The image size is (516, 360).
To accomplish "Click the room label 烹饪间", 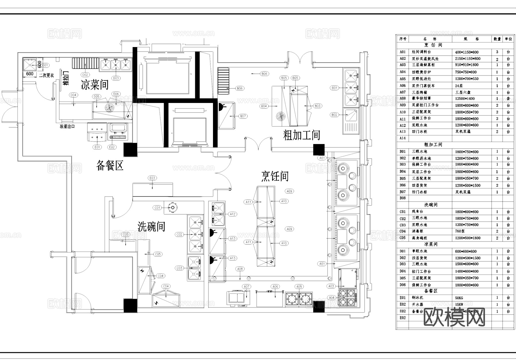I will pyautogui.click(x=275, y=176).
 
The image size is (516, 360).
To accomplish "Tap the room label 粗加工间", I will pyautogui.click(x=301, y=135).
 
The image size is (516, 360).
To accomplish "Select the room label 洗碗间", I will pyautogui.click(x=151, y=227).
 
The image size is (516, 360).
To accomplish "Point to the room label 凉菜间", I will pyautogui.click(x=95, y=85).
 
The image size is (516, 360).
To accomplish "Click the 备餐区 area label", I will pyautogui.click(x=110, y=166).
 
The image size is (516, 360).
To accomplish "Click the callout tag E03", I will pyautogui.click(x=152, y=178).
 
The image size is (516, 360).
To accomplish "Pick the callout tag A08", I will pyautogui.click(x=240, y=269).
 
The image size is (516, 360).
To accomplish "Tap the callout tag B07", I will pyautogui.click(x=243, y=116).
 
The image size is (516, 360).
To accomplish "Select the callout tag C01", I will pyautogui.click(x=157, y=208).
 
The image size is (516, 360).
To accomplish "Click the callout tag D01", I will pyautogui.click(x=45, y=65).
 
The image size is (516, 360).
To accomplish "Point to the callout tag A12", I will pyautogui.click(x=232, y=214).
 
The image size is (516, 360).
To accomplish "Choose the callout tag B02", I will pyautogui.click(x=334, y=115).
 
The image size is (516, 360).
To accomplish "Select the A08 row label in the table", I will pyautogui.click(x=403, y=98).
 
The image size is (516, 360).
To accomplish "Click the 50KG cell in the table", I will pyautogui.click(x=459, y=298).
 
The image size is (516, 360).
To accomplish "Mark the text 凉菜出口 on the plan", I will pyautogui.click(x=67, y=126).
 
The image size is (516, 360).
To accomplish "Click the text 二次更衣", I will pyautogui.click(x=46, y=75).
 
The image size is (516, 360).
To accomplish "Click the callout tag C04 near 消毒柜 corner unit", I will pyautogui.click(x=165, y=286).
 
